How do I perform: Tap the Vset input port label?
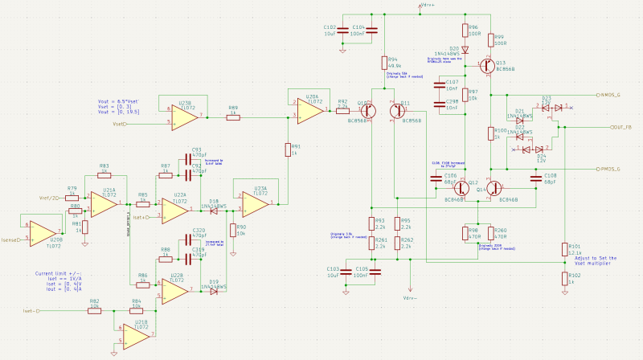tap(120, 125)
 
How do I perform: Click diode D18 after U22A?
tap(214, 209)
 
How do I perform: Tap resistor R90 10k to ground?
tap(232, 231)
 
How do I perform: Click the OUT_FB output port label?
tap(622, 127)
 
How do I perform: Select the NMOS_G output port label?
tap(618, 95)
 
